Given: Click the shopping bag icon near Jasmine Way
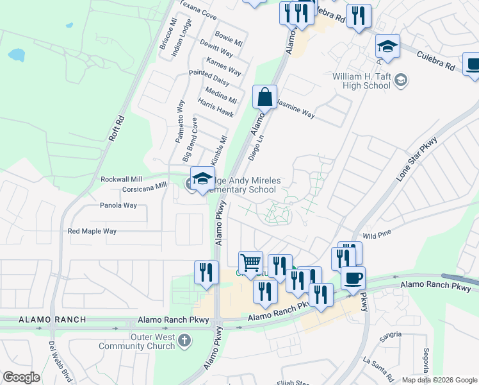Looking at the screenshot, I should click(x=264, y=98).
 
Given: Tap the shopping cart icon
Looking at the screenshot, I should click(x=250, y=262).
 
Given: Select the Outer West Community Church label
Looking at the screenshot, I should click(x=136, y=341).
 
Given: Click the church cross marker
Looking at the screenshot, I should click(x=184, y=341).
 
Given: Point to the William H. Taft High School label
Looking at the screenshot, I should click(x=361, y=81).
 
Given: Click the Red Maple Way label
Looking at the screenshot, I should click(x=92, y=231).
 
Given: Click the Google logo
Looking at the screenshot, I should click(x=21, y=377).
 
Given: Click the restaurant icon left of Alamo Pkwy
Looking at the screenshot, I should click(x=204, y=271).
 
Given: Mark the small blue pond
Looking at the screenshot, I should click(x=16, y=55).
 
